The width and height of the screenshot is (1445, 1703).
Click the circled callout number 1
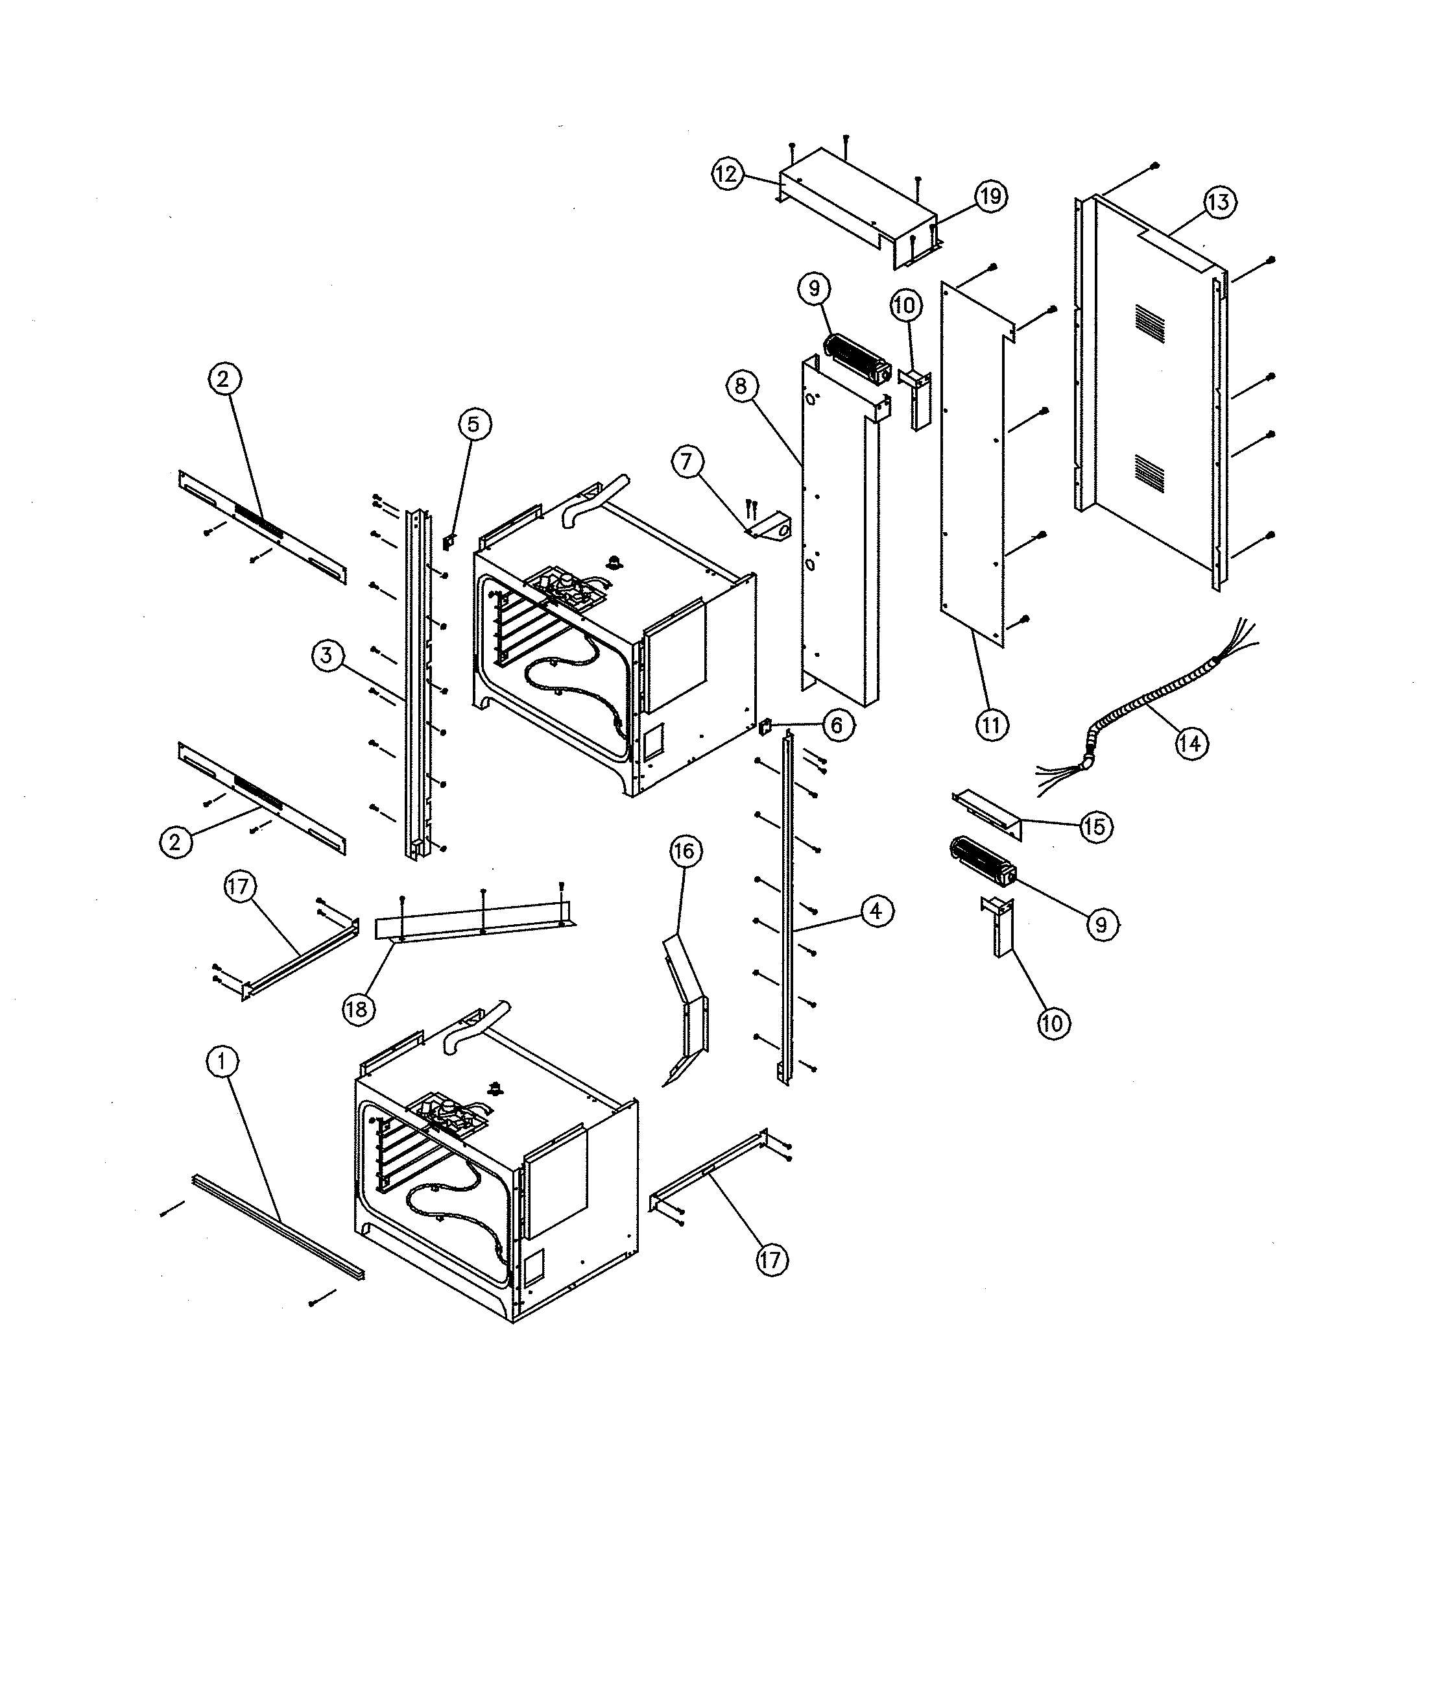point(221,1062)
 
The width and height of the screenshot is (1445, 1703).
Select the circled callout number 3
point(327,655)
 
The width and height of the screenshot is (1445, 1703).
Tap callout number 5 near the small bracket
point(474,424)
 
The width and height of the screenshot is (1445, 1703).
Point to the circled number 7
point(686,461)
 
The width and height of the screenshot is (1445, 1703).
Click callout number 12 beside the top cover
point(726,174)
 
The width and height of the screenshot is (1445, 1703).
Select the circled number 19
point(990,196)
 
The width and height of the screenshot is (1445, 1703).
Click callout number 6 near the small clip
point(837,726)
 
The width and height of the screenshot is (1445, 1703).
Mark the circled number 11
point(991,726)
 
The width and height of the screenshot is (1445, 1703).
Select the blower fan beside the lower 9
point(982,861)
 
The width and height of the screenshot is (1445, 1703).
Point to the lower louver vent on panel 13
point(1149,468)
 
